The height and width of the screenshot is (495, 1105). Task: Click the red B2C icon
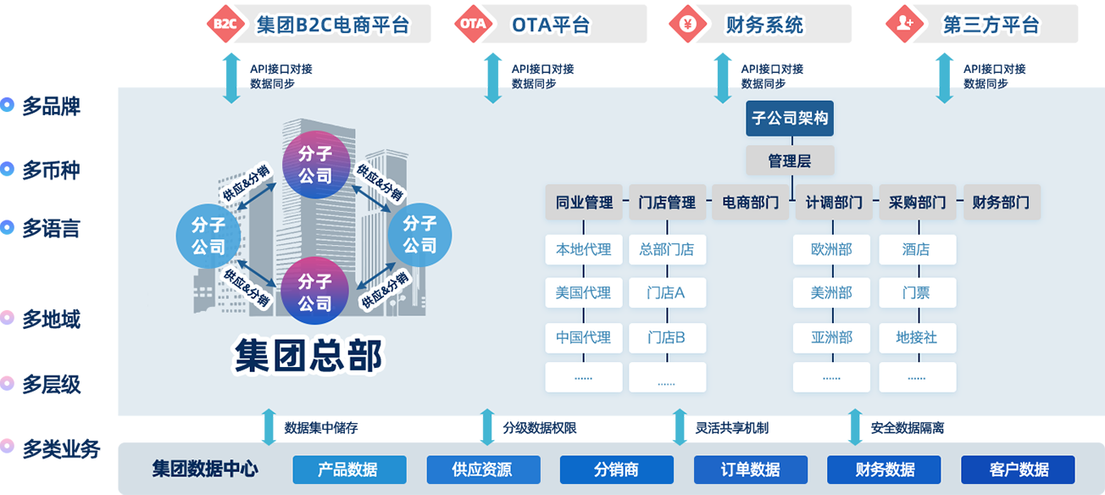pyautogui.click(x=225, y=25)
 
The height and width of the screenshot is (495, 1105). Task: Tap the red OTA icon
pyautogui.click(x=473, y=25)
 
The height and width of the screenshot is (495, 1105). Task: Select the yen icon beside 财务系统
pyautogui.click(x=687, y=25)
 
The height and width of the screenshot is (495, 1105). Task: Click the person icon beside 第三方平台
pyautogui.click(x=904, y=25)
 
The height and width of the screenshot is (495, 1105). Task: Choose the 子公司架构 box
pyautogui.click(x=790, y=119)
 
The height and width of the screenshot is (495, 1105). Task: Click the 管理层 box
pyautogui.click(x=790, y=161)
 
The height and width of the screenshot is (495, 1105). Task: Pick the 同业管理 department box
pyautogui.click(x=584, y=203)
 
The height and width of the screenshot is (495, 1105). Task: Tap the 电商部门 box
pyautogui.click(x=750, y=203)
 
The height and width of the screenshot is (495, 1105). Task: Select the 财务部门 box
pyautogui.click(x=1001, y=203)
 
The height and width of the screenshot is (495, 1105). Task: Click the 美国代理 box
pyautogui.click(x=584, y=293)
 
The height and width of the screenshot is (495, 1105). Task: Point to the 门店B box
pyautogui.click(x=667, y=337)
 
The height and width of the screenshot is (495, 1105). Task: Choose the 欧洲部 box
pyautogui.click(x=831, y=249)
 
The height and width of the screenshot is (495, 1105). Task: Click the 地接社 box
pyautogui.click(x=917, y=337)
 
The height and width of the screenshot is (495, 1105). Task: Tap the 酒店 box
pyautogui.click(x=917, y=249)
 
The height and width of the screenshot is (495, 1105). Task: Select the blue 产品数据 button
pyautogui.click(x=349, y=470)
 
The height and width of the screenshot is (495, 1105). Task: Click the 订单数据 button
pyautogui.click(x=751, y=470)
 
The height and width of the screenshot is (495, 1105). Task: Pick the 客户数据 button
pyautogui.click(x=1018, y=470)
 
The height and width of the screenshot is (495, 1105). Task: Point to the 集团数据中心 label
pyautogui.click(x=205, y=469)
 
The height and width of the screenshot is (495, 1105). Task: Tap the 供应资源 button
pyautogui.click(x=483, y=470)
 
